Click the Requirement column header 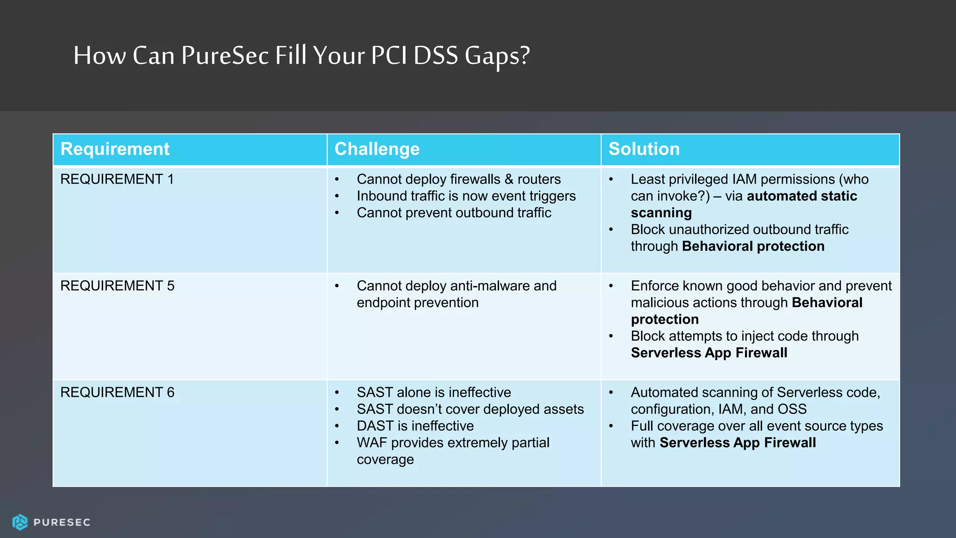pos(115,149)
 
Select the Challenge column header pos(377,149)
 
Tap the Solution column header pos(644,149)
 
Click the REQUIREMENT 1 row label pos(117,179)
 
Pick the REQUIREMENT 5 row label pos(117,286)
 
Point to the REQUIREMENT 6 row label pos(117,392)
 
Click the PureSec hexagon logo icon pos(20,522)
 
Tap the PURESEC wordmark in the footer pos(62,523)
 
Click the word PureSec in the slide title pos(225,56)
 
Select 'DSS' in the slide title pos(436,56)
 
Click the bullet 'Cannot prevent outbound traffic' pos(454,213)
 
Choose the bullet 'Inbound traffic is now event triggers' pos(466,196)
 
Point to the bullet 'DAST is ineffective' pos(415,426)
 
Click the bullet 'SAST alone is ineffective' pos(434,392)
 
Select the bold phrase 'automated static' pos(801,196)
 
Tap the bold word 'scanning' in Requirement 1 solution pos(661,213)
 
